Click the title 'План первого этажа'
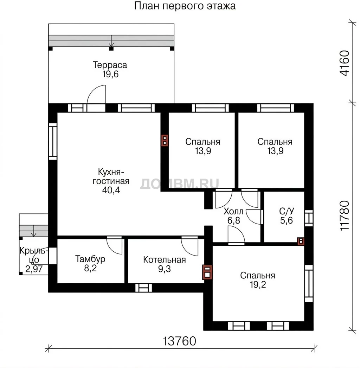(x=185, y=6)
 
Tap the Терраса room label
(x=110, y=65)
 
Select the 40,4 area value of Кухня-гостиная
(x=111, y=190)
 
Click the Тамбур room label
(x=90, y=259)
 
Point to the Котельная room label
(x=164, y=260)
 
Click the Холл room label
(x=233, y=212)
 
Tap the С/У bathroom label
(x=287, y=211)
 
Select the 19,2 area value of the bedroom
(x=258, y=285)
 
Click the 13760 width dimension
(x=179, y=341)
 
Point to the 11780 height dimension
(x=345, y=216)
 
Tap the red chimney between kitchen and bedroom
(x=165, y=141)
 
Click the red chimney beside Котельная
(x=207, y=272)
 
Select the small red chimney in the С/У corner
(x=301, y=241)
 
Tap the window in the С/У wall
(x=309, y=218)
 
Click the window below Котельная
(x=144, y=288)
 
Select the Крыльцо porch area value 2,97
(x=34, y=269)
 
